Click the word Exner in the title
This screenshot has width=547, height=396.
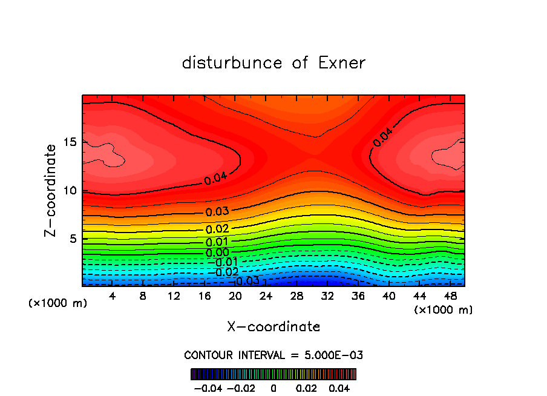pyautogui.click(x=342, y=63)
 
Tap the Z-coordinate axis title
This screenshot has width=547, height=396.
pyautogui.click(x=52, y=190)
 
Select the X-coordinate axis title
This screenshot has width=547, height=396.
pyautogui.click(x=273, y=327)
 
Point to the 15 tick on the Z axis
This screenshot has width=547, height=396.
pyautogui.click(x=70, y=142)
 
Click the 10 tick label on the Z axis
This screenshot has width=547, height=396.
pyautogui.click(x=70, y=191)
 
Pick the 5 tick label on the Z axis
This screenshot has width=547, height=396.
pyautogui.click(x=73, y=239)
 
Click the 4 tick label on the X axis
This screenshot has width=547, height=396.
pyautogui.click(x=112, y=296)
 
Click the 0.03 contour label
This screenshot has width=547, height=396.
pyautogui.click(x=217, y=212)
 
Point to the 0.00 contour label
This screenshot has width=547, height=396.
pyautogui.click(x=217, y=252)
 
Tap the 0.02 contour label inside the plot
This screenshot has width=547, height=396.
pyautogui.click(x=217, y=229)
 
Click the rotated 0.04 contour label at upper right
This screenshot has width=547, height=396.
pyautogui.click(x=382, y=137)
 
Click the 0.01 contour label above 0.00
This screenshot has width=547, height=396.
pyautogui.click(x=217, y=242)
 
